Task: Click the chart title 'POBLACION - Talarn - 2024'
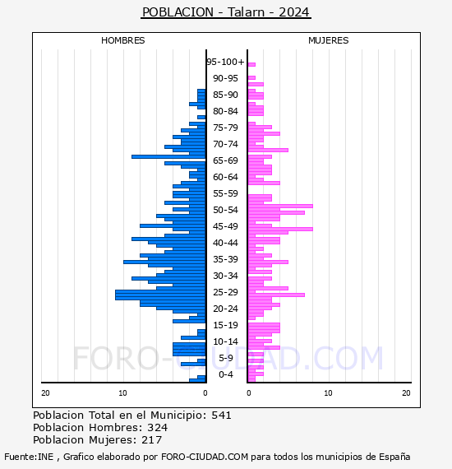[226, 12]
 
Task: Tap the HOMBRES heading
[122, 40]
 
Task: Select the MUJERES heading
[329, 40]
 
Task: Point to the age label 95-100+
[225, 62]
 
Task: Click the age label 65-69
[225, 160]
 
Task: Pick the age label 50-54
[225, 210]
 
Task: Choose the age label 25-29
[225, 292]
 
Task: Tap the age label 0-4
[226, 374]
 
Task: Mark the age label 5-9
[226, 358]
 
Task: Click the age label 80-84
[225, 111]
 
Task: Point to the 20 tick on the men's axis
[45, 393]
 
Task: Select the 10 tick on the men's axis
[122, 393]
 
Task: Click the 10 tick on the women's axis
[329, 393]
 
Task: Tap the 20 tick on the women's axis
[406, 393]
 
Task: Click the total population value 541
[221, 416]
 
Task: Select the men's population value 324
[158, 427]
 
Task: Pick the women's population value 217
[152, 439]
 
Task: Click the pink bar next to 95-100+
[251, 65]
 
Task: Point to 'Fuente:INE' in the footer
[29, 457]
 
